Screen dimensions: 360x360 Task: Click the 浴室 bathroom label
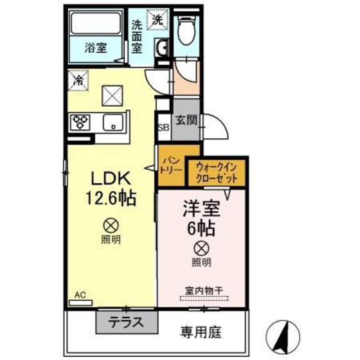click(96, 46)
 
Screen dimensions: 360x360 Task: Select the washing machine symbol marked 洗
click(157, 20)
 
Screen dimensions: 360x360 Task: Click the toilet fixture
click(187, 29)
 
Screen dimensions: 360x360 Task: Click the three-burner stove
click(81, 121)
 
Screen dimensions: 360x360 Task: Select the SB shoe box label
click(163, 127)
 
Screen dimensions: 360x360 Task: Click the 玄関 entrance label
click(186, 120)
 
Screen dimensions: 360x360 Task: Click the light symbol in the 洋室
click(201, 248)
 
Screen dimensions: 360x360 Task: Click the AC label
click(80, 294)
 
